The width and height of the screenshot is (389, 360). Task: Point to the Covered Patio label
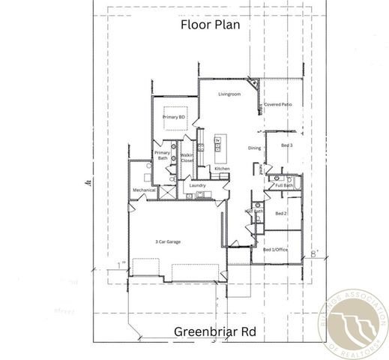(x=277, y=106)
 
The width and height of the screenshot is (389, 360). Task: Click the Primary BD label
(x=174, y=117)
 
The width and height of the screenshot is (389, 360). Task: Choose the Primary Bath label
(x=162, y=155)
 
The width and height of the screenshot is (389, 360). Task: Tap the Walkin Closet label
(x=187, y=157)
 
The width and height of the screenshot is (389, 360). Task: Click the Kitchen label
(x=222, y=169)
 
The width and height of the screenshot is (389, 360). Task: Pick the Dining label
(x=255, y=148)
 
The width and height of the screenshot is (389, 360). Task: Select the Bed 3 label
(x=286, y=144)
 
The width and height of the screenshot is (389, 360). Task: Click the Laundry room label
(x=198, y=185)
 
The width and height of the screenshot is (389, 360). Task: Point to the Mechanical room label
(x=144, y=190)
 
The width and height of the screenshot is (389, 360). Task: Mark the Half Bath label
(x=254, y=211)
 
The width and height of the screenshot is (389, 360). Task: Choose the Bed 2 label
(x=281, y=214)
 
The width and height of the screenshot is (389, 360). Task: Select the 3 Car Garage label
(x=168, y=241)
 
